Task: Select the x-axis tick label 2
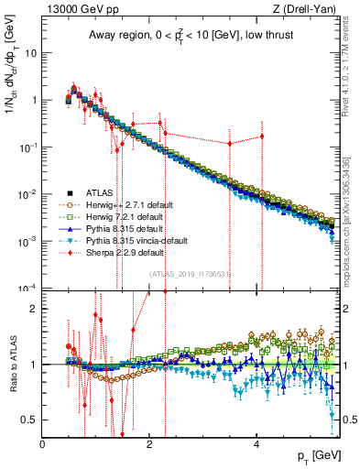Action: [x=150, y=443]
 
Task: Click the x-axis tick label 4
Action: [x=257, y=443]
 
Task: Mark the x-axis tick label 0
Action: [x=43, y=443]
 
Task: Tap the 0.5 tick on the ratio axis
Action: [x=31, y=420]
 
